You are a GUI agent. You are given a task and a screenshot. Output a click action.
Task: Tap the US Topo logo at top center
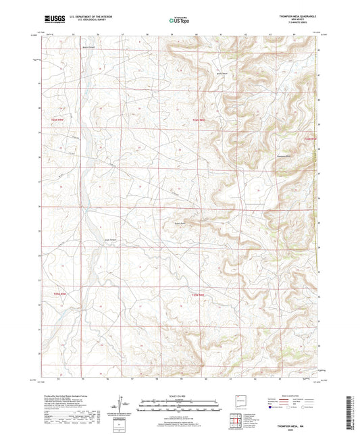[178, 21]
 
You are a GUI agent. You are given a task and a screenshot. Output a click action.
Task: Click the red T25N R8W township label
[197, 120]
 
